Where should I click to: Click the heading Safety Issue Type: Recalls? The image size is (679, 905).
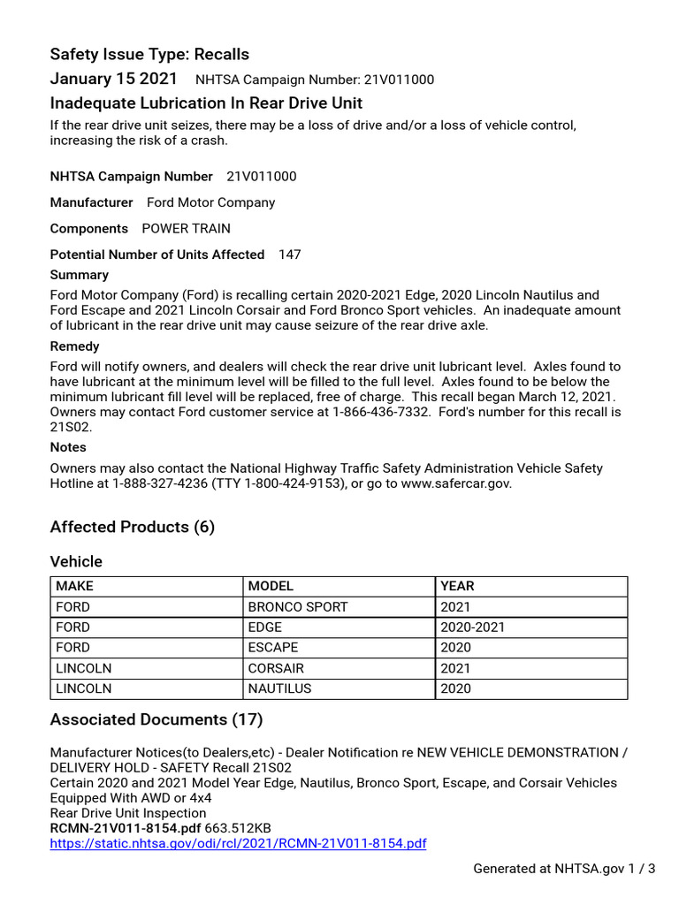point(149,55)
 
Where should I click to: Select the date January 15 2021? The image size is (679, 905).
point(113,79)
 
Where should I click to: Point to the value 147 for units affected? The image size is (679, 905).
point(289,255)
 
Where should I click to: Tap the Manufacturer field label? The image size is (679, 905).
point(91,202)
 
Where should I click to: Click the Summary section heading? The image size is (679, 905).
point(80,275)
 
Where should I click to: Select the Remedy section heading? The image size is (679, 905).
point(74,346)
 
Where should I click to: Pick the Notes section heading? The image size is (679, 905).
point(68,447)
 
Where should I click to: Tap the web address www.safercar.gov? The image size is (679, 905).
point(446,483)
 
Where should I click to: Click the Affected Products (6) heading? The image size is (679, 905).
point(133,527)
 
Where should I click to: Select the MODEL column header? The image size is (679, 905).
point(271,586)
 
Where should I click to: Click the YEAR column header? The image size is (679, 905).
point(457,586)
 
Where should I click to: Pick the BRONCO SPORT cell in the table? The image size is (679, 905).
point(298,607)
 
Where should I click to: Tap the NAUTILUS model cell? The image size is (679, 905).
point(279,688)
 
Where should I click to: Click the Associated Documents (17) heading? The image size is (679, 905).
point(156,719)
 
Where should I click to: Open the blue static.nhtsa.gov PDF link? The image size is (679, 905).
point(238,843)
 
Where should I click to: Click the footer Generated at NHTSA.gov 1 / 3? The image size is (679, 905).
point(564,869)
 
